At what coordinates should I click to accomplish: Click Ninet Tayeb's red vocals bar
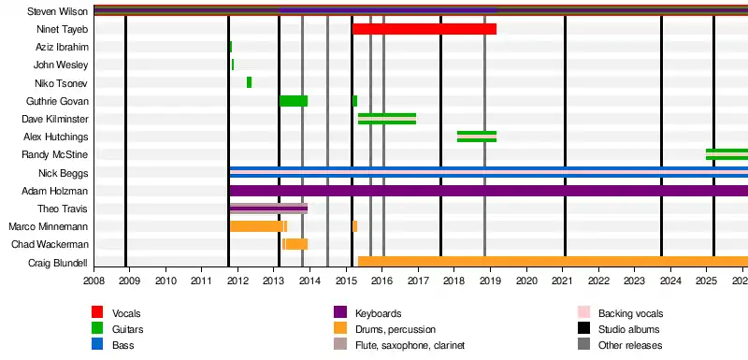[x=424, y=29]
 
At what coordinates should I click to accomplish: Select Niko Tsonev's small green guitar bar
[x=249, y=82]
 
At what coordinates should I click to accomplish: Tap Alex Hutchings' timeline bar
[x=477, y=137]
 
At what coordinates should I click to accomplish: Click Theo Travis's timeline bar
[x=268, y=209]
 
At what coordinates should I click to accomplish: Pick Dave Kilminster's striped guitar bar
[x=387, y=119]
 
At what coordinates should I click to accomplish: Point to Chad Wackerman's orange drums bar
[x=295, y=244]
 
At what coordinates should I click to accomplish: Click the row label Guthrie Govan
[x=57, y=101]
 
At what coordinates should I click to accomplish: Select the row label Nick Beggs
[x=64, y=173]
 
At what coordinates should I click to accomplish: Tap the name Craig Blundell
[x=58, y=263]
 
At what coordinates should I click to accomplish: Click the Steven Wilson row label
[x=58, y=11]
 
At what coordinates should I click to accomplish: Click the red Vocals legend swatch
[x=97, y=312]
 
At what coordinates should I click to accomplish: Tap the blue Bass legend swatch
[x=97, y=344]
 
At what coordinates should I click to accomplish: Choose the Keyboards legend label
[x=379, y=313]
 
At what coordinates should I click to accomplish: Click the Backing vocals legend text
[x=630, y=313]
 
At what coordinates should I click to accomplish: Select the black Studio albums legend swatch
[x=583, y=328]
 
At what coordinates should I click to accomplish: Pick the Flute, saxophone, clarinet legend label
[x=410, y=345]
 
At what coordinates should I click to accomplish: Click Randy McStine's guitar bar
[x=727, y=154]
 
